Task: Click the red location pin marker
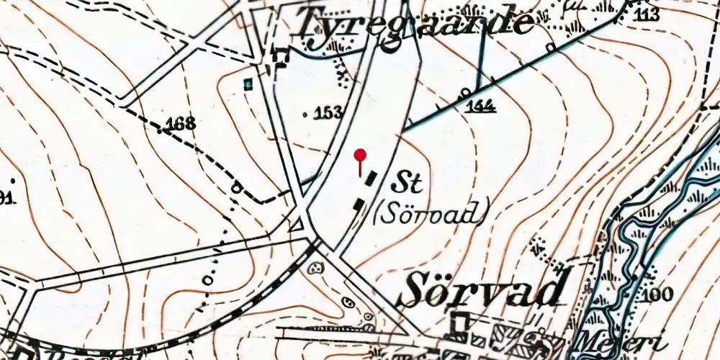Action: (x=361, y=155)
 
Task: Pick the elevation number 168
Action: (x=179, y=124)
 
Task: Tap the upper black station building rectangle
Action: (x=371, y=178)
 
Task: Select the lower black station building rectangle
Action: (x=358, y=204)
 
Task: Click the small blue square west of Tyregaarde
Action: (x=248, y=84)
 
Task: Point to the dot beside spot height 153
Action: (x=306, y=114)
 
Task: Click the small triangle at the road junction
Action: (x=294, y=226)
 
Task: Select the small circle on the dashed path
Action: (x=236, y=188)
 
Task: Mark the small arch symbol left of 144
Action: (x=465, y=92)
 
